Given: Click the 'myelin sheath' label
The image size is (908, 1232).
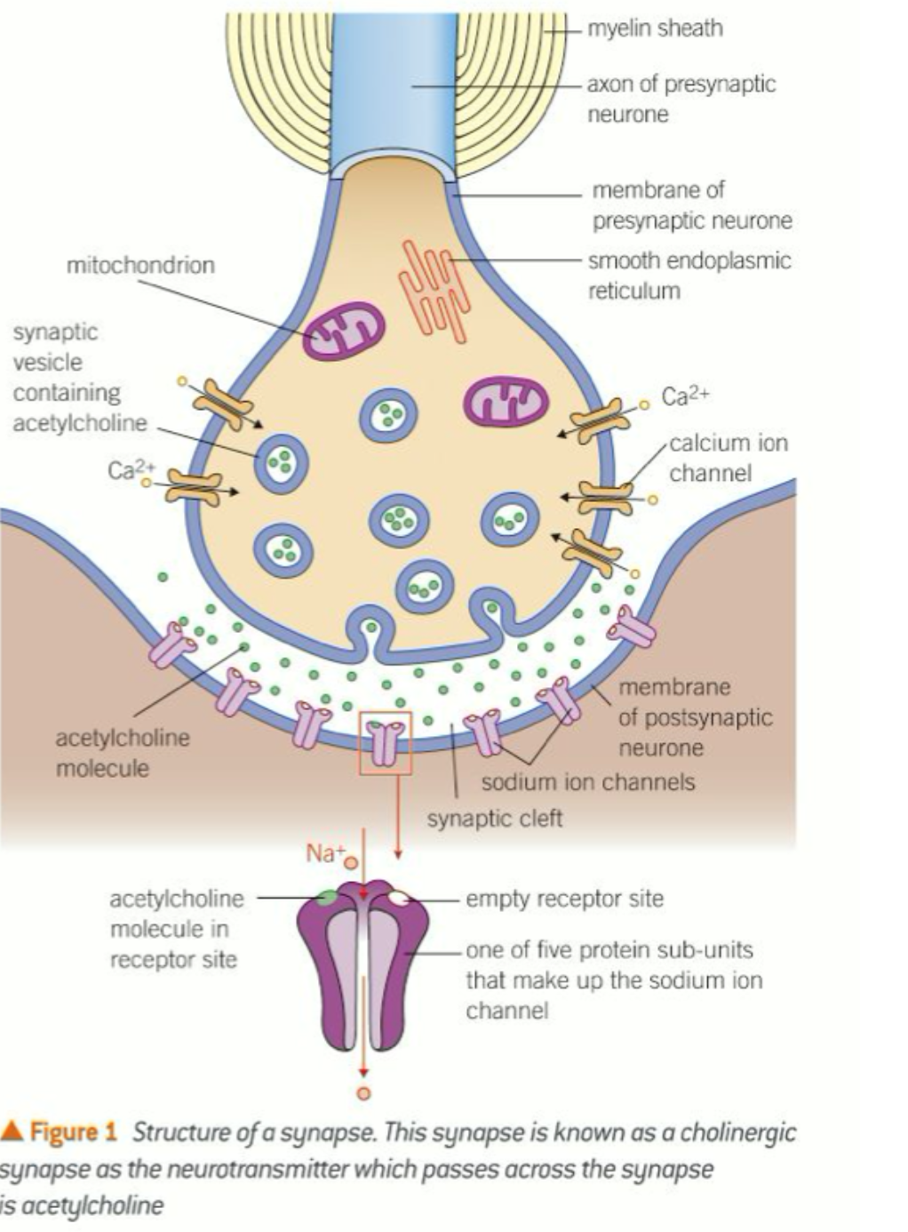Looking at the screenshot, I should point(655,28).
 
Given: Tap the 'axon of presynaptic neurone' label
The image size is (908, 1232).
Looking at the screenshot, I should point(681,99).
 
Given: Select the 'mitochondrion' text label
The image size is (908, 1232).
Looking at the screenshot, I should point(140,265).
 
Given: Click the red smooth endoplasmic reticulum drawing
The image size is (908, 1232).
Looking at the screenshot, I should point(433,290).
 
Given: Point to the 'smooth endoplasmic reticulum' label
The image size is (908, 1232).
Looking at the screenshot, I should point(689,276).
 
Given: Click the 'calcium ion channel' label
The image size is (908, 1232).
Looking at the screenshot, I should point(728,457).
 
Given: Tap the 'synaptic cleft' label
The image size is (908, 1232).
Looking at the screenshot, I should point(494,818).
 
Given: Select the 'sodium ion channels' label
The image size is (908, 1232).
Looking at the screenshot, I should point(587,782).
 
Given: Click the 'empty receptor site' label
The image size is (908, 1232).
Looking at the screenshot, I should point(564,899).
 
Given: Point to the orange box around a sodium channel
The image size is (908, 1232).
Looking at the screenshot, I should point(386,742).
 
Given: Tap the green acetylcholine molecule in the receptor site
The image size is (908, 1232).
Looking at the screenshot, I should point(327,898).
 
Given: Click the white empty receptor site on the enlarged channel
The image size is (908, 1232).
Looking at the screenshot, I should point(399,898).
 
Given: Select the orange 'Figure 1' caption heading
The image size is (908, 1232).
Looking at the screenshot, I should point(73,1132).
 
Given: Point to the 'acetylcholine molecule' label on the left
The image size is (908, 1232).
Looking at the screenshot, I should point(122,752).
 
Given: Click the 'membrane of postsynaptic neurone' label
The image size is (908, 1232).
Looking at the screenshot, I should point(695,716).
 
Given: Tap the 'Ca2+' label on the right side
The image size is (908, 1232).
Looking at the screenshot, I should point(685,396).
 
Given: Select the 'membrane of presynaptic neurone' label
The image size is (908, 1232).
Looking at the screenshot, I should point(691,204).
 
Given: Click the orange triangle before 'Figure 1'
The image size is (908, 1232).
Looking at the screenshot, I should point(12,1131).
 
